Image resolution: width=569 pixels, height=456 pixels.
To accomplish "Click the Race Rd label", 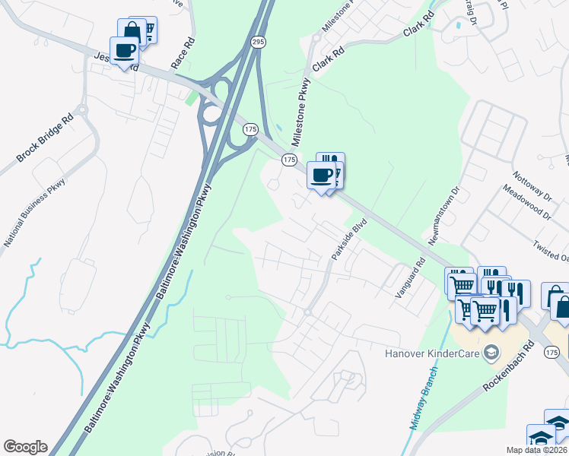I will click(183, 55).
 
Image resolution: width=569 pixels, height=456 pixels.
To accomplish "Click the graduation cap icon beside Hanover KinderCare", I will click(492, 352).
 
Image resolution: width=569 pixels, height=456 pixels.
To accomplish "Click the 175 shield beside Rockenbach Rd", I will click(552, 352).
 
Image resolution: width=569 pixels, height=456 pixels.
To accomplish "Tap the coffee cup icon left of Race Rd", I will click(126, 52).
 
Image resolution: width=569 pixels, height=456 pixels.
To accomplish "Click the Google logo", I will click(25, 447).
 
